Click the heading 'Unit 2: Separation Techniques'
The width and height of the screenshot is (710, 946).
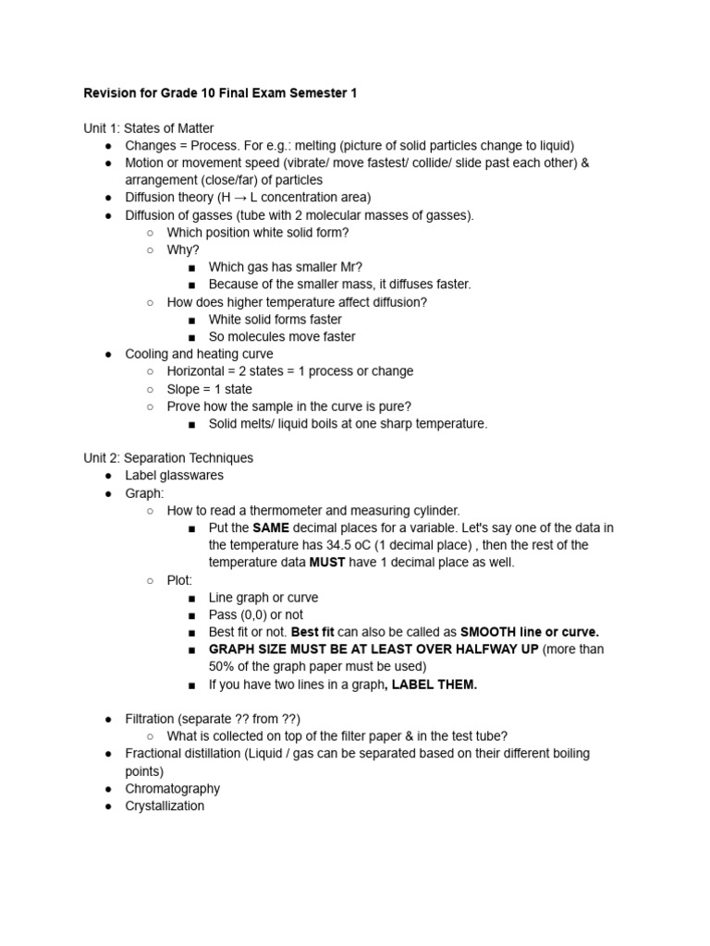point(168,457)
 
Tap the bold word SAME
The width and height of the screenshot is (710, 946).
point(271,528)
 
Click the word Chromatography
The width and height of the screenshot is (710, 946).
point(173,788)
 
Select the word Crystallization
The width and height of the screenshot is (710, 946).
point(165,806)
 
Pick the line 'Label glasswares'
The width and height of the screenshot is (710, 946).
point(174,475)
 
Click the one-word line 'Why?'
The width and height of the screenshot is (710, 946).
point(183,249)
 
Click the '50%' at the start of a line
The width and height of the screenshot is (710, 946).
point(222,666)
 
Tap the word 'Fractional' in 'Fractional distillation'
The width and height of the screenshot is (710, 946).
point(155,753)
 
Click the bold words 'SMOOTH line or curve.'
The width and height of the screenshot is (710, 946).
point(530,632)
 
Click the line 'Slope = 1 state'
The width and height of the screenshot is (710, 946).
point(209,389)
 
